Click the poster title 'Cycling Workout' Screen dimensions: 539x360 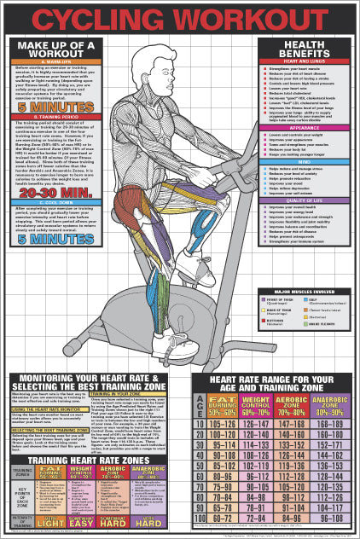(x=180, y=17)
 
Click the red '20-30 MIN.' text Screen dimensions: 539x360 (x=54, y=194)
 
